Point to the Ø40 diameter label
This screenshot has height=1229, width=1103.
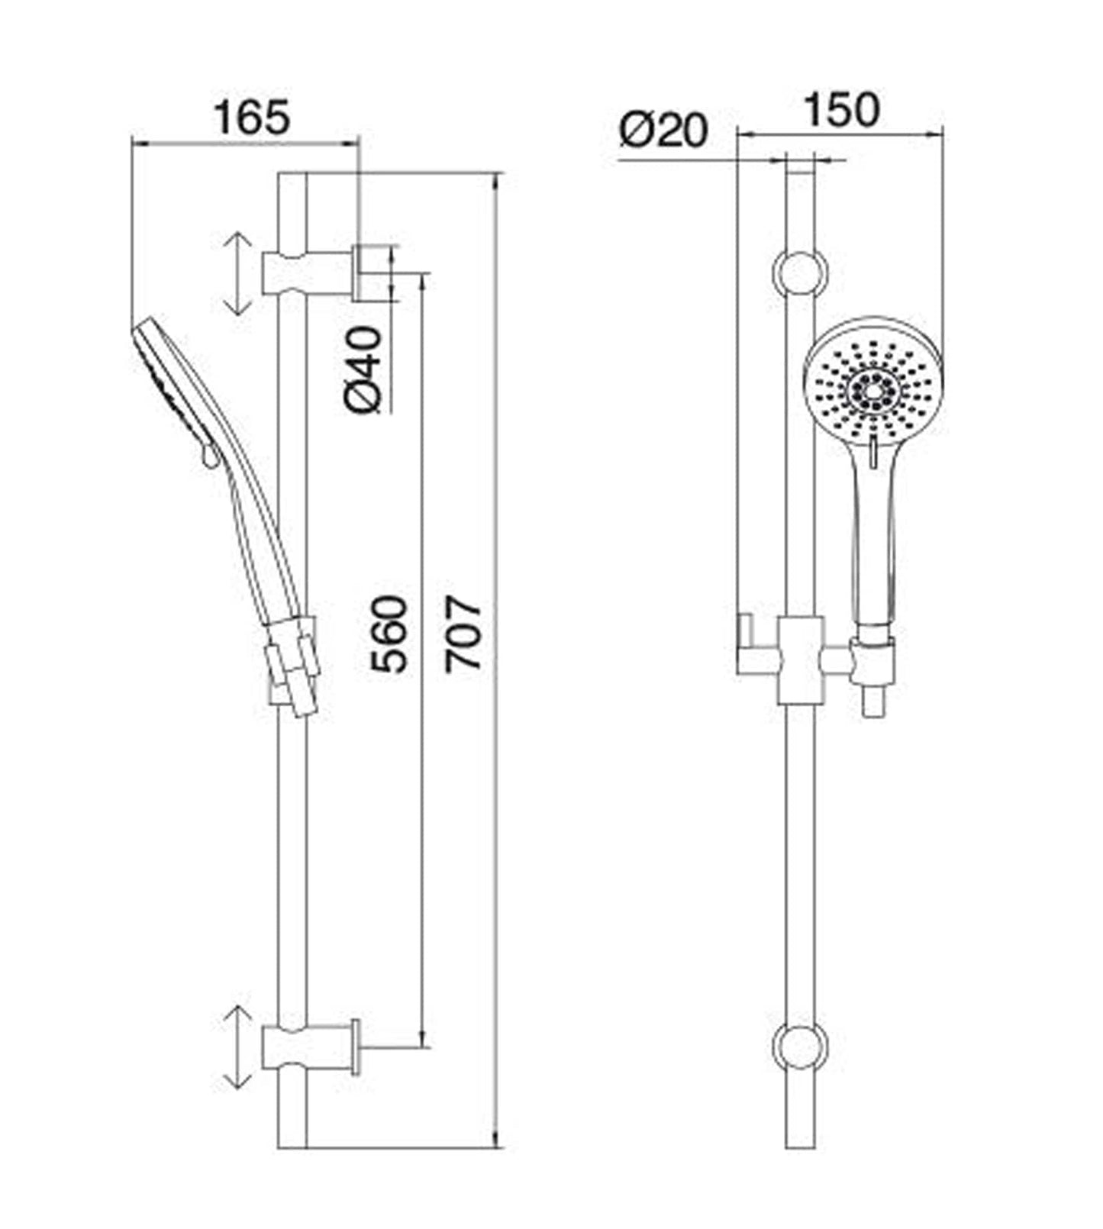[x=363, y=369]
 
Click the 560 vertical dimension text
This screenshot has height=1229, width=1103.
[x=390, y=634]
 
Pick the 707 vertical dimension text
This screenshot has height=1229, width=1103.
[x=464, y=634]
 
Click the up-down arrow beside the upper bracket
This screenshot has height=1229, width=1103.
[x=237, y=273]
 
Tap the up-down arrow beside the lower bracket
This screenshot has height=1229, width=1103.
[x=237, y=1047]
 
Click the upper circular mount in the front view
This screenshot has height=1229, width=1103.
[x=800, y=273]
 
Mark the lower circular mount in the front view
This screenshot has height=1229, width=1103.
[x=800, y=1047]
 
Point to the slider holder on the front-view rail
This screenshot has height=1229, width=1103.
[x=800, y=661]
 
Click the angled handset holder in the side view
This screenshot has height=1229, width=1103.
[x=294, y=664]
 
